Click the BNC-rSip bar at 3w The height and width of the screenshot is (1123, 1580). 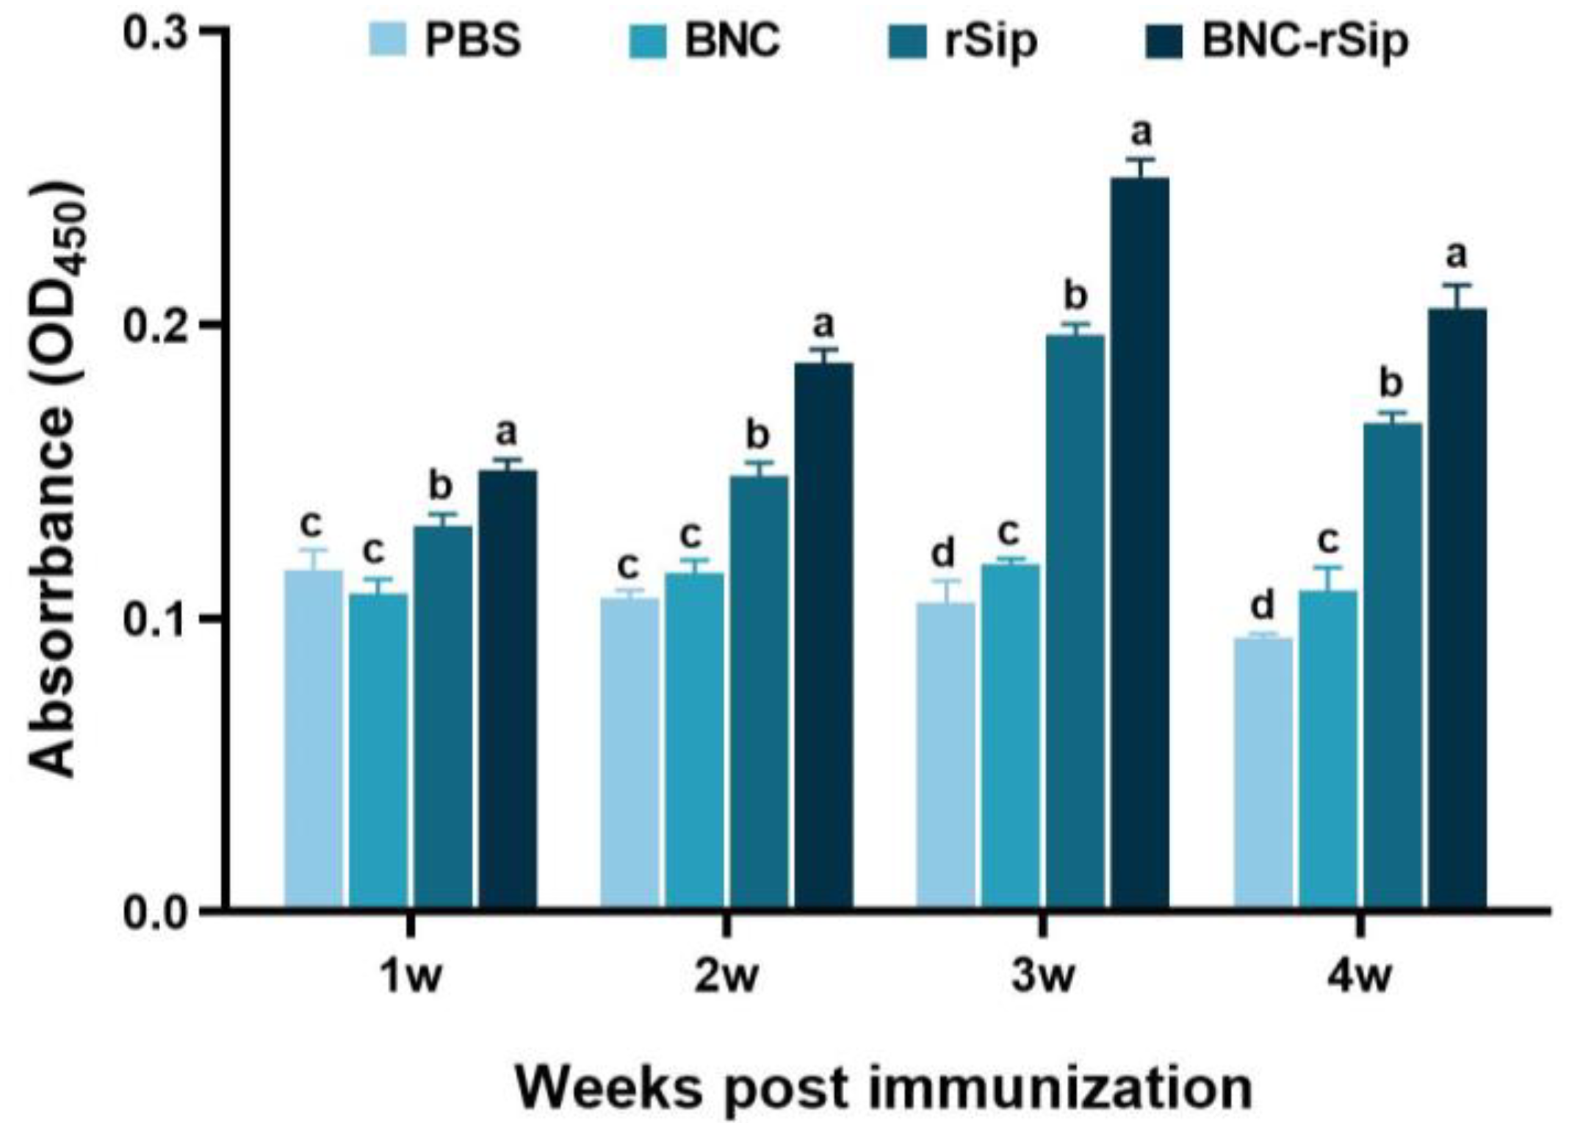pos(1140,544)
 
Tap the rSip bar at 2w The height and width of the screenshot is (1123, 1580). pos(759,691)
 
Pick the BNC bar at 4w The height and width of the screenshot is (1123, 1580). pos(1328,750)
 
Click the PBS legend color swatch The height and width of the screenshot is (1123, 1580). pos(387,41)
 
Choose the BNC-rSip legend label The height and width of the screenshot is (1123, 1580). pos(1305,41)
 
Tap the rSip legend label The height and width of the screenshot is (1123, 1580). pos(991,41)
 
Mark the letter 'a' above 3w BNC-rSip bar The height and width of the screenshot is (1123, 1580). pos(1141,133)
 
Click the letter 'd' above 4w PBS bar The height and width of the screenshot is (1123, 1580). pos(1262,606)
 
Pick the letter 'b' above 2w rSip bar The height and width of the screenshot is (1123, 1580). pos(757,435)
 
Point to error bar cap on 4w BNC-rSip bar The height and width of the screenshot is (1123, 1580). pos(1457,284)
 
